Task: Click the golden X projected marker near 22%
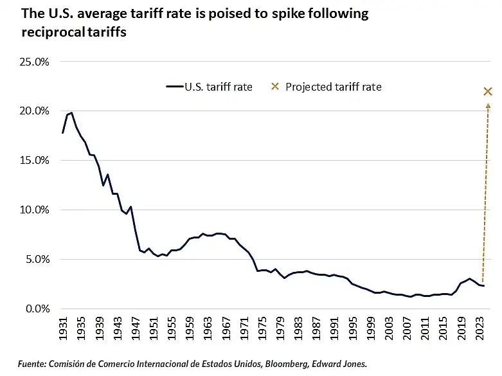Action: point(488,91)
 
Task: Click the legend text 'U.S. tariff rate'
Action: point(219,87)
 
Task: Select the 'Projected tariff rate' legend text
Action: point(334,87)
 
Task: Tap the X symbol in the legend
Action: point(274,87)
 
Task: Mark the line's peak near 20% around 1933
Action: point(71,113)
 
